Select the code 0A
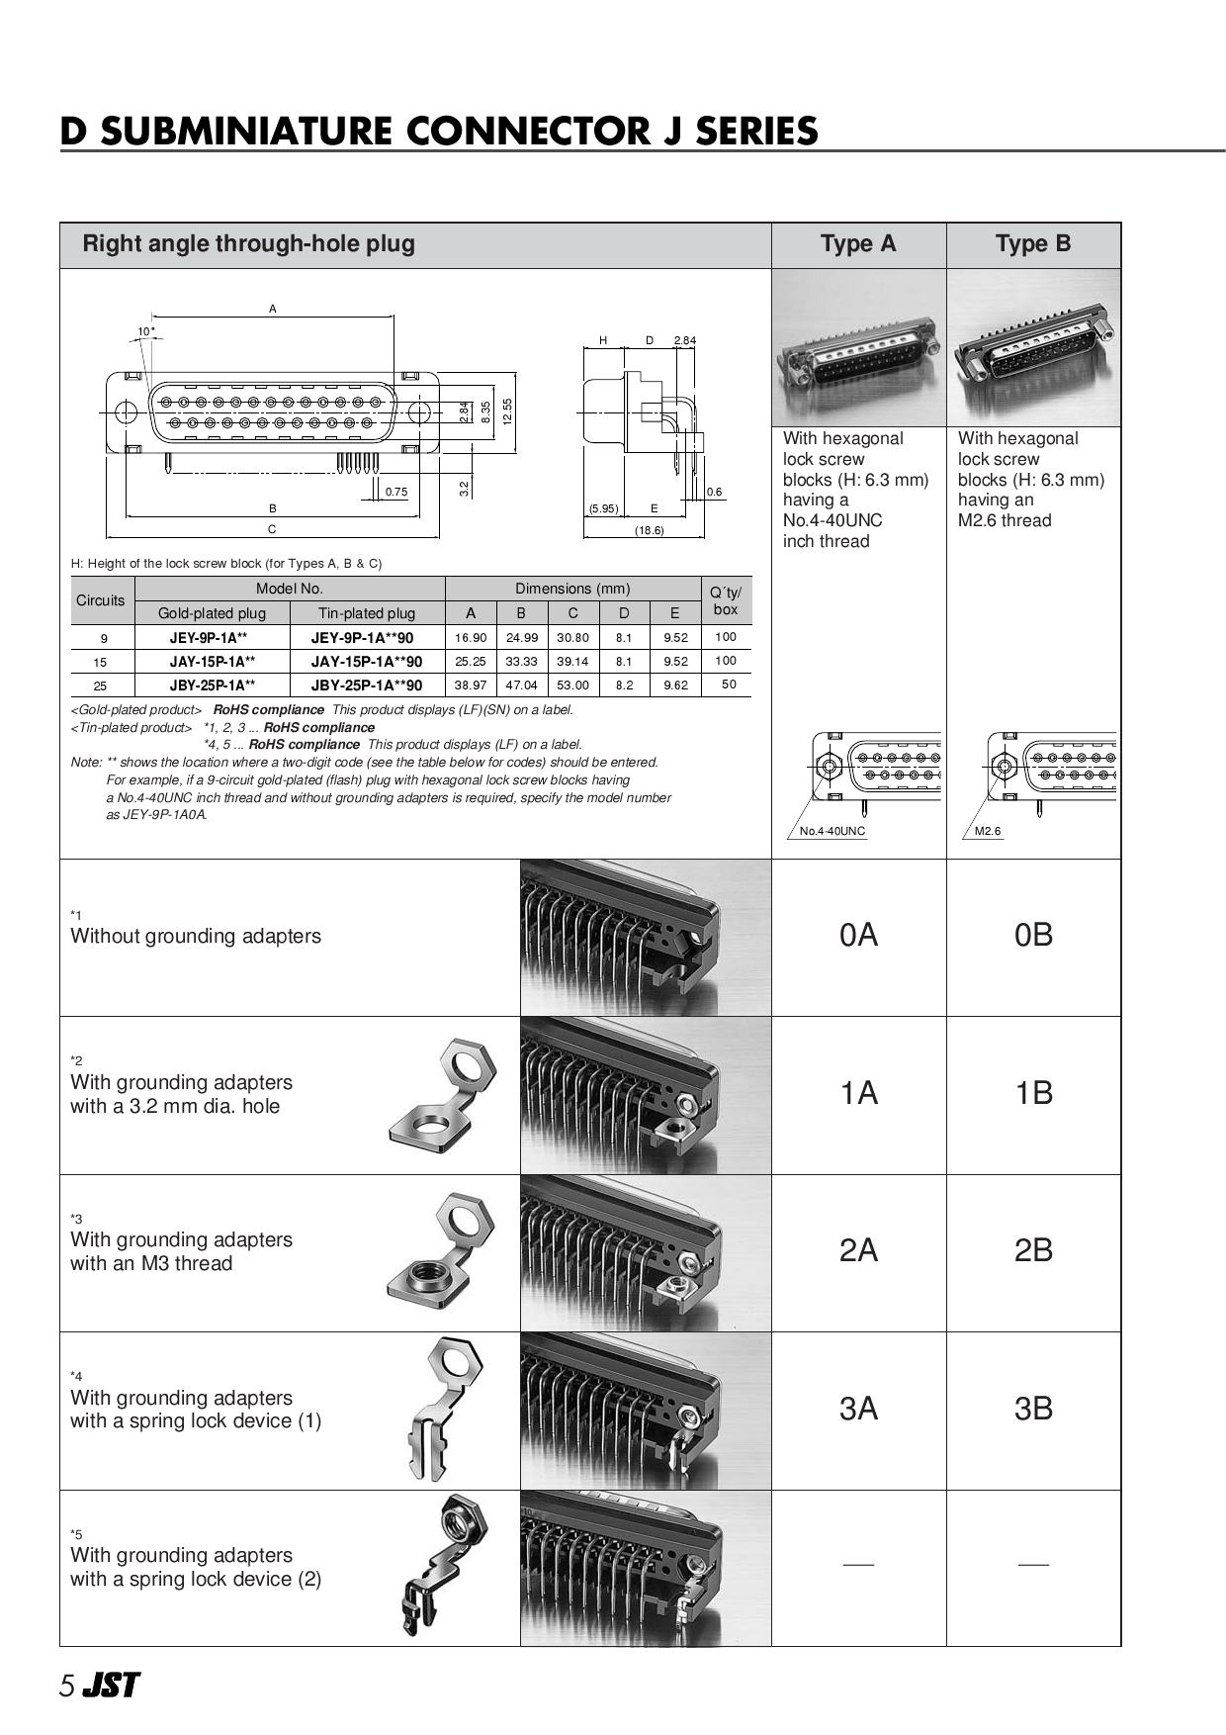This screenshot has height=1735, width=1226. pyautogui.click(x=858, y=936)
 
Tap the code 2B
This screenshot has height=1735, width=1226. pyautogui.click(x=1033, y=1251)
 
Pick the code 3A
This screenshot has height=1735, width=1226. pyautogui.click(x=858, y=1409)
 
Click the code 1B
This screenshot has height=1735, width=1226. pyautogui.click(x=1033, y=1093)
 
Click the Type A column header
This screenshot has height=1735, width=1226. pyautogui.click(x=858, y=244)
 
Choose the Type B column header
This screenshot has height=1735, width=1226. pyautogui.click(x=1033, y=244)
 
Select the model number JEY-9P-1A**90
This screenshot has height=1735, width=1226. pyautogui.click(x=367, y=638)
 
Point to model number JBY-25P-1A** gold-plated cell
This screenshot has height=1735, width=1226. pyautogui.click(x=212, y=685)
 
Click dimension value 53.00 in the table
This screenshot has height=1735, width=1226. pyautogui.click(x=572, y=685)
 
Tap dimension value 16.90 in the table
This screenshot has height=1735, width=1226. pyautogui.click(x=471, y=638)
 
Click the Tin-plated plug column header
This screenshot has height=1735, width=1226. pyautogui.click(x=367, y=613)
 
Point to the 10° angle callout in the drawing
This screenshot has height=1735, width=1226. pyautogui.click(x=146, y=331)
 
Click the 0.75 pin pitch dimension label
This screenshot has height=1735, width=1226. pyautogui.click(x=395, y=492)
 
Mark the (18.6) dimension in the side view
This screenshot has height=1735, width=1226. pyautogui.click(x=649, y=531)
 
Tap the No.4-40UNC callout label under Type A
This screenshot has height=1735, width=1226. pyautogui.click(x=832, y=831)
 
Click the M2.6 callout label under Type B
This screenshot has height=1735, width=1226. pyautogui.click(x=988, y=831)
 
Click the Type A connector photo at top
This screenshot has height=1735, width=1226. pyautogui.click(x=858, y=348)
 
